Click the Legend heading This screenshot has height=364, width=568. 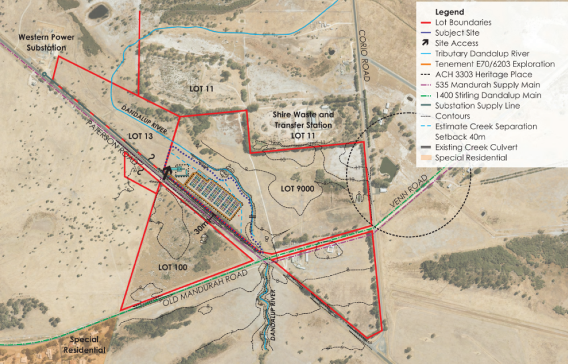pyautogui.click(x=449, y=12)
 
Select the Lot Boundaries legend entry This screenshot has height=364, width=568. pyautogui.click(x=463, y=23)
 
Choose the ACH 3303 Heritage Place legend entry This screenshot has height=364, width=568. pyautogui.click(x=483, y=75)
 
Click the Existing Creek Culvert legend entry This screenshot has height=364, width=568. pyautogui.click(x=476, y=147)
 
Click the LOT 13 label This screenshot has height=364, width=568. pyautogui.click(x=141, y=136)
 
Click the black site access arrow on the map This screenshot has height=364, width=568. pyautogui.click(x=167, y=171)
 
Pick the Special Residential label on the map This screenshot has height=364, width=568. pyautogui.click(x=87, y=345)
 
